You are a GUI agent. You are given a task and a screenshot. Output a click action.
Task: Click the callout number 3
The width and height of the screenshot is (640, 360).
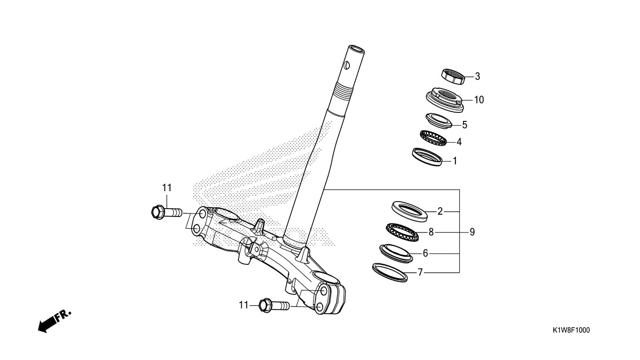(x=477, y=76)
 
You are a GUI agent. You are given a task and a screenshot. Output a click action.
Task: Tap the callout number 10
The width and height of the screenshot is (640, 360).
(x=479, y=100)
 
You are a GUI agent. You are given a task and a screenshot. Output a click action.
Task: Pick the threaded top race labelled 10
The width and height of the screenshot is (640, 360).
(x=444, y=100)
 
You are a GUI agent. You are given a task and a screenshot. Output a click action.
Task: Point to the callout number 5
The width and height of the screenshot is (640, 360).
(x=465, y=125)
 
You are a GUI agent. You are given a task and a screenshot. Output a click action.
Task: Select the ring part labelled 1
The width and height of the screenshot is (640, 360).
(x=427, y=157)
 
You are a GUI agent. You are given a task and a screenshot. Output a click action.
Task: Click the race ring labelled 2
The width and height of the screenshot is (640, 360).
(x=409, y=211)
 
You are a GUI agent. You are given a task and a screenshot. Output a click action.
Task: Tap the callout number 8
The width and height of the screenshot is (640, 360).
(x=431, y=232)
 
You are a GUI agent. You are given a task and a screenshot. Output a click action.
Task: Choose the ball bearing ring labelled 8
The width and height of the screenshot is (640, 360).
(x=402, y=232)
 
